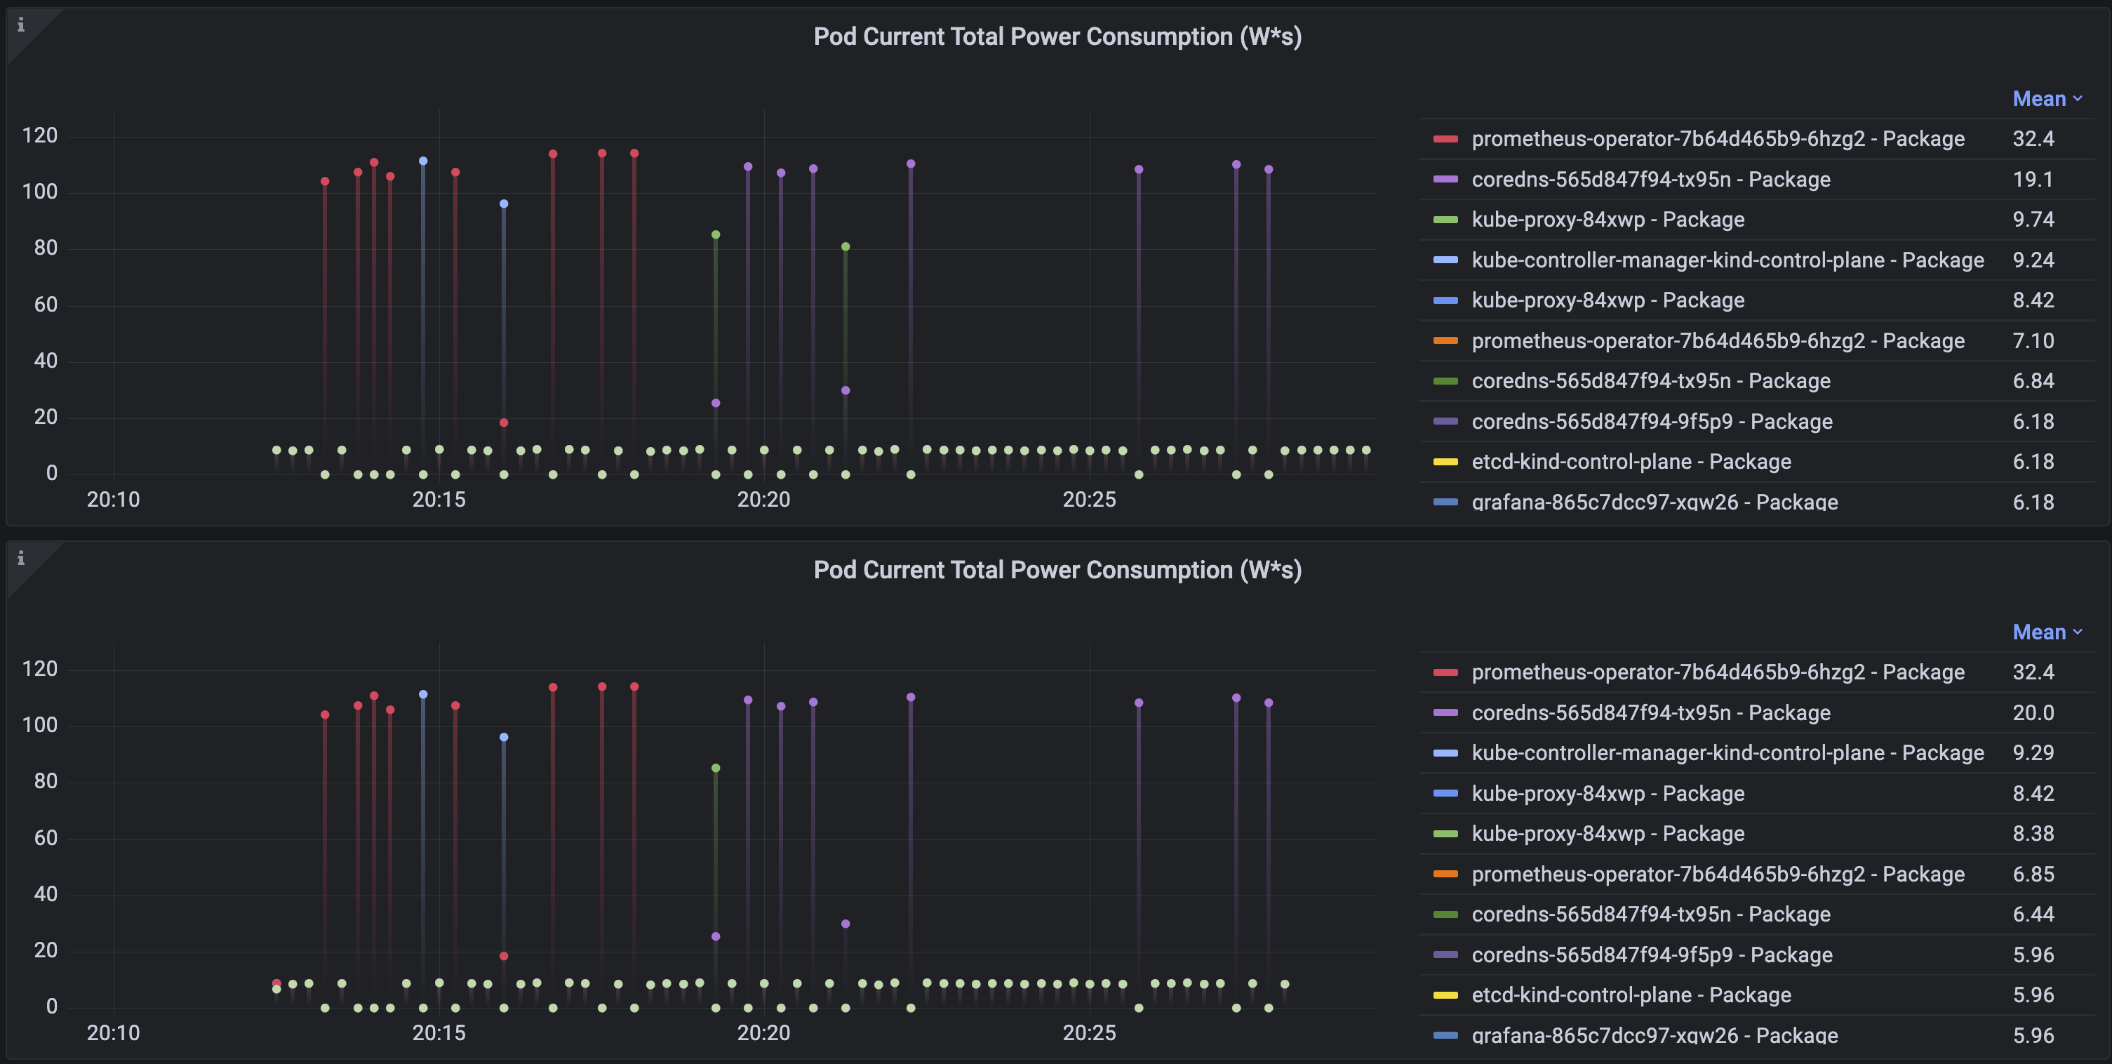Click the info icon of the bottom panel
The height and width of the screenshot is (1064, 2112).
[x=21, y=559]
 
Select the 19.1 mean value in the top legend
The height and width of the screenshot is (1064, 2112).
[x=2033, y=180]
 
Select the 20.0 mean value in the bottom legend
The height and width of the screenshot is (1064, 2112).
[x=2033, y=713]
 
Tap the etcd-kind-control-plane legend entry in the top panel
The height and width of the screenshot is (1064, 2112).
[x=1630, y=462]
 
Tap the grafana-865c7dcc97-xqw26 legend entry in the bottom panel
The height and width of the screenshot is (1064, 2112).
[x=1654, y=1035]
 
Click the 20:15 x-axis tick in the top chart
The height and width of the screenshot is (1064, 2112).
[x=439, y=500]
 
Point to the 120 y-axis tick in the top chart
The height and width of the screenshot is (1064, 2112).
[x=39, y=136]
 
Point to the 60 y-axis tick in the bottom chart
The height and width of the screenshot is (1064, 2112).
[x=45, y=837]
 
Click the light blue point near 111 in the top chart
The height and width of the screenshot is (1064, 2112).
[x=423, y=161]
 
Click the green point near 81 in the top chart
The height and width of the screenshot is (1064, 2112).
[x=846, y=247]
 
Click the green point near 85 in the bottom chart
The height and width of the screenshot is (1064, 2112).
[x=716, y=768]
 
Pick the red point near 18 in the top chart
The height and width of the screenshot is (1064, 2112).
[x=503, y=423]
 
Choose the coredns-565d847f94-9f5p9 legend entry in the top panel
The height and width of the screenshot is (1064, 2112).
[x=1651, y=422]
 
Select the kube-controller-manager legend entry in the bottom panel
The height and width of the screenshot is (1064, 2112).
[x=1727, y=753]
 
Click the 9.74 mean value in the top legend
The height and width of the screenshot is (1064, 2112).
[x=2033, y=220]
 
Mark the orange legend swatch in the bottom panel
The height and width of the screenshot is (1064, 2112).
[x=1445, y=874]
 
